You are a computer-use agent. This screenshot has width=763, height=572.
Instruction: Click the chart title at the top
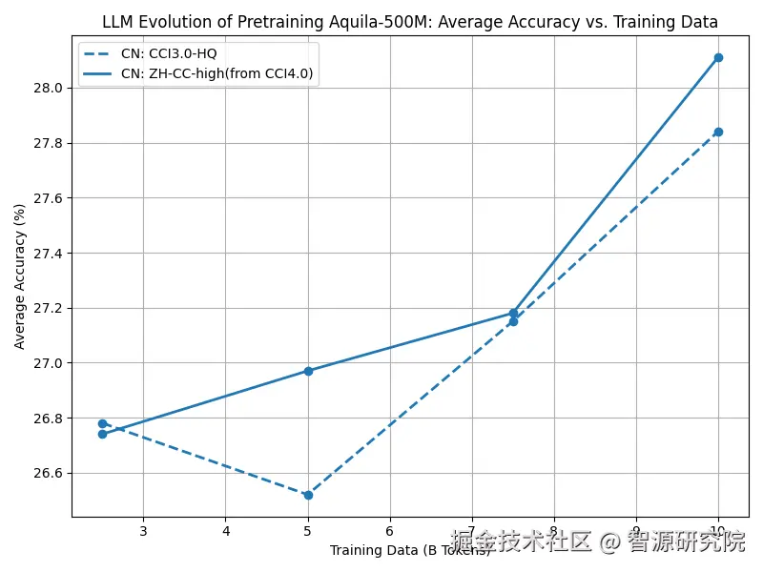click(x=410, y=22)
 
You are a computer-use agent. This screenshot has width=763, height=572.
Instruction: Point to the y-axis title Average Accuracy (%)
click(x=20, y=276)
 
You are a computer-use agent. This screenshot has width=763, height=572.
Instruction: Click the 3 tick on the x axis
click(x=143, y=530)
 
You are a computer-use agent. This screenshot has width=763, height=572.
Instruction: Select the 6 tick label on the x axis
click(x=390, y=530)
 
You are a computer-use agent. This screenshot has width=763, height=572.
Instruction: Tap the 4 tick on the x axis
click(x=226, y=530)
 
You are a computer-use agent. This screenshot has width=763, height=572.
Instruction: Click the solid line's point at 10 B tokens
click(x=718, y=57)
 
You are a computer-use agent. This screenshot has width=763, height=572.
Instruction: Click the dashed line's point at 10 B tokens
click(x=718, y=132)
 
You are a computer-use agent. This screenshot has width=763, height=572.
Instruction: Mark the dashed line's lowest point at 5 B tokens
click(x=308, y=495)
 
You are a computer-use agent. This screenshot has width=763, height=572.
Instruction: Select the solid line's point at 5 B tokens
click(x=308, y=371)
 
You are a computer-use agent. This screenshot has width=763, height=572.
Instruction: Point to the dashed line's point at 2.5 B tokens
click(x=102, y=423)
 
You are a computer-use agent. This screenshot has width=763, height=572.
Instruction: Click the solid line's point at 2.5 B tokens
click(x=102, y=434)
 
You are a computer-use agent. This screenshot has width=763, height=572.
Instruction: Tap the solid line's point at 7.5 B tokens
click(x=513, y=313)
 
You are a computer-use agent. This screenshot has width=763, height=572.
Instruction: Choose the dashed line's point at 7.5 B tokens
click(x=513, y=321)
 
